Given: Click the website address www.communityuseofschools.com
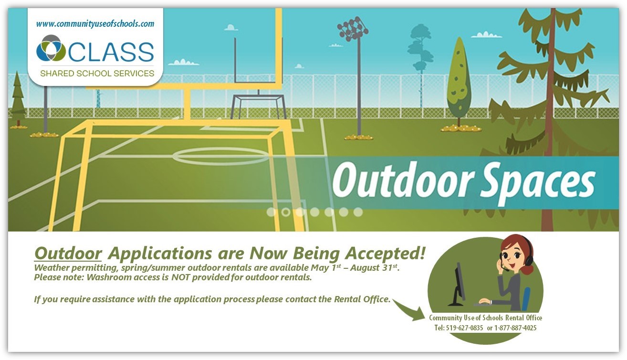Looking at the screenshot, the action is [95, 24].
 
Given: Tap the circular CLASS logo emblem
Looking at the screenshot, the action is [51, 48].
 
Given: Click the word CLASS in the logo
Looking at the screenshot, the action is [111, 52].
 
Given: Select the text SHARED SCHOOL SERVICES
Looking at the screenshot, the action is [97, 74].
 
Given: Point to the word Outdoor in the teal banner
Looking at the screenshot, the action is [403, 180].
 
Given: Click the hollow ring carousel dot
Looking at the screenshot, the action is [285, 212].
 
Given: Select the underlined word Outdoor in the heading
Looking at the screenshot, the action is [68, 253].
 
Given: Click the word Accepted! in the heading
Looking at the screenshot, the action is [385, 253].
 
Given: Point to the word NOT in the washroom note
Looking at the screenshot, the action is [180, 277].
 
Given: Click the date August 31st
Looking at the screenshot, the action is [374, 267].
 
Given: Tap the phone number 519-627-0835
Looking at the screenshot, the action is [464, 328].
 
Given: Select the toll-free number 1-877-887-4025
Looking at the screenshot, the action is [515, 328].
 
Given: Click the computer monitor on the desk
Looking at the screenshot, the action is [458, 285].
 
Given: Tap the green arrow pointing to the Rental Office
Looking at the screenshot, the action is [409, 309].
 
